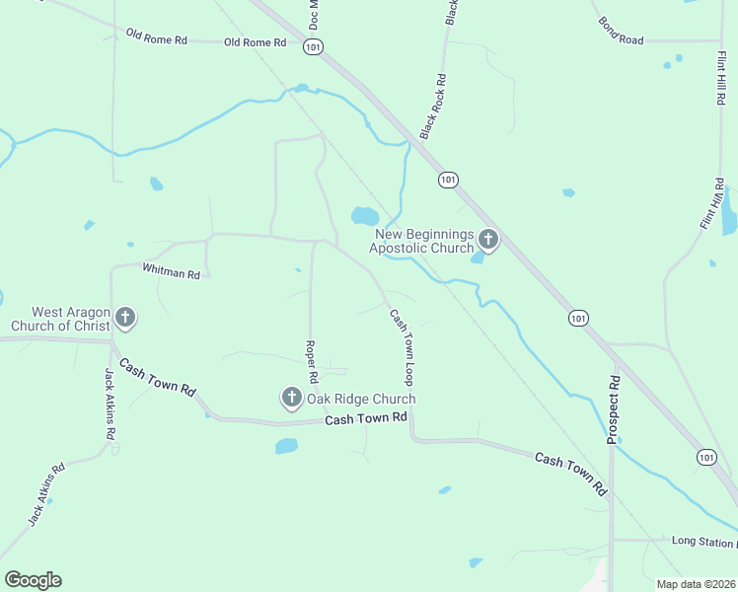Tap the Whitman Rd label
coord(171,268)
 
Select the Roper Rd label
coord(312,361)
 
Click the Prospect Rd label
coord(613,408)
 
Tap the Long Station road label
coord(703,541)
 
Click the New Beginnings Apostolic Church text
coord(421,242)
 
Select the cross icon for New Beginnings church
coord(488,239)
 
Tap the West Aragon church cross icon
coord(124,318)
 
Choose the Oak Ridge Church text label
coord(360,399)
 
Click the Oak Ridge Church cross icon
coord(291,398)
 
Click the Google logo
coord(33,580)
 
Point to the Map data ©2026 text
coord(696,584)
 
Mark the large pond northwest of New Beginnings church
coord(364,215)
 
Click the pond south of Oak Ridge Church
coord(286,446)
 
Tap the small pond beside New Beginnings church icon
coord(478,258)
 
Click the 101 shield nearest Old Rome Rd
coord(314,46)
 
